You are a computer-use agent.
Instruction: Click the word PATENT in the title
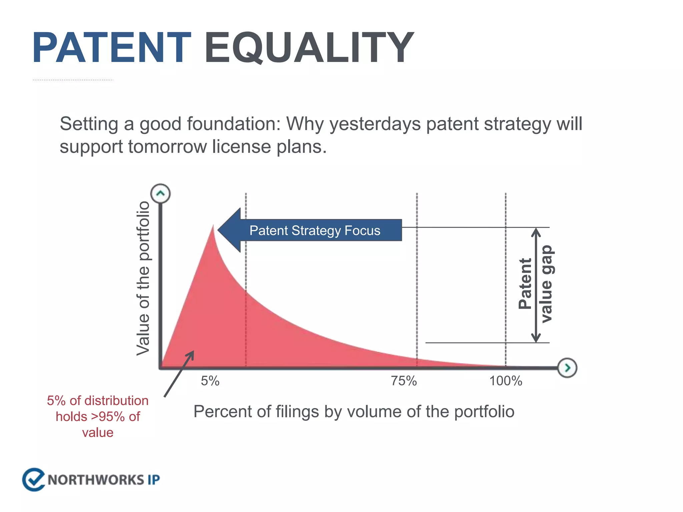coord(112,48)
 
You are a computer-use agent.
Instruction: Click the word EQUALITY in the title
coord(309,48)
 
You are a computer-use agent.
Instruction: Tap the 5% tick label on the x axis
coord(210,381)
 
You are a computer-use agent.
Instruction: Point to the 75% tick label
coord(404,381)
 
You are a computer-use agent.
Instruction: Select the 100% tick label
coord(506,381)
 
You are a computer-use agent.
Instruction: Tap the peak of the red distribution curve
coord(213,227)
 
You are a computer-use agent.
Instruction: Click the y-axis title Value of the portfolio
coord(143,278)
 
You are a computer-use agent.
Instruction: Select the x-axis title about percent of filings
coord(354,412)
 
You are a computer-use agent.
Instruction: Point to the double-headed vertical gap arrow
coord(536,285)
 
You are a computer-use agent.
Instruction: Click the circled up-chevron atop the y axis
coord(160,194)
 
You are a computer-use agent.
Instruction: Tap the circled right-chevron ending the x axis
coord(567,368)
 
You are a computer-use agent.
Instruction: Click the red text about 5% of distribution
coord(98,416)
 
